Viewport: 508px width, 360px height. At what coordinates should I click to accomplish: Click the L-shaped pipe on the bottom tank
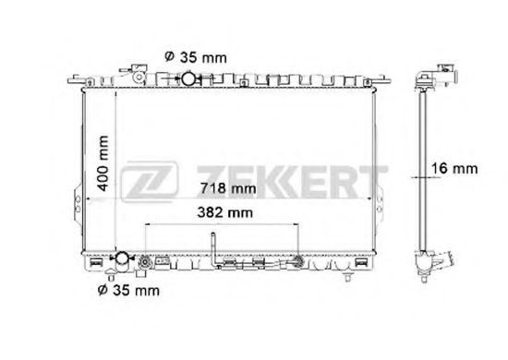(x=213, y=252)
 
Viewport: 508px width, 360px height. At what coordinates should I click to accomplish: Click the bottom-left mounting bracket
(x=96, y=264)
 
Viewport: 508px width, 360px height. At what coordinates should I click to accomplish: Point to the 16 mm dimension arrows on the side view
(x=425, y=170)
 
